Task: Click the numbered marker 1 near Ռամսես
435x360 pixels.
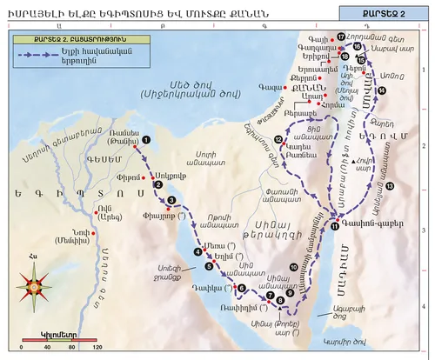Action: [146, 139]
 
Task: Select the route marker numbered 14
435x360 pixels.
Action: [382, 90]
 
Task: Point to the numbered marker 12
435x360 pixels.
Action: [278, 139]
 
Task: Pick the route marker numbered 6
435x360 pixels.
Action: [241, 288]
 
